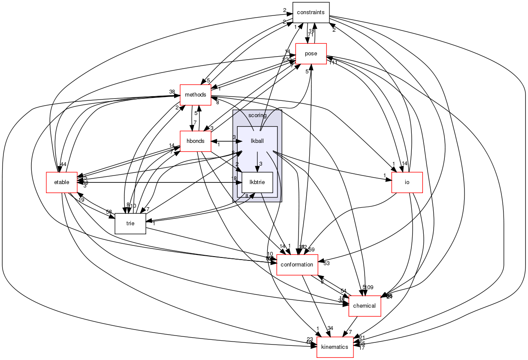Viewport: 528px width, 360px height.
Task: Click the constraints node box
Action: (x=311, y=12)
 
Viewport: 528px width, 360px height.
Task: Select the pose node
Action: (x=311, y=54)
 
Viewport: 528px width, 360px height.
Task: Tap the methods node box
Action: (x=195, y=94)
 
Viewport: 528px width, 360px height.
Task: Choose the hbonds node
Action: (x=195, y=141)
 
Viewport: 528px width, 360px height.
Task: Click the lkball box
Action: (x=257, y=141)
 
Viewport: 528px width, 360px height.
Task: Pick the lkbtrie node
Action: (x=257, y=182)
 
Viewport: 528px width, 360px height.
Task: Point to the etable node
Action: (x=62, y=182)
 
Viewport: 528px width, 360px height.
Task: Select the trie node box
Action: (x=130, y=224)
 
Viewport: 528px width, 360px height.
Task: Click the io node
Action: (x=407, y=182)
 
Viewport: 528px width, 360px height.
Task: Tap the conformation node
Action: (x=297, y=265)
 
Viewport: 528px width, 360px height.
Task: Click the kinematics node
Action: (x=335, y=347)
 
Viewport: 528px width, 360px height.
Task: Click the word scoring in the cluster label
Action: (x=257, y=115)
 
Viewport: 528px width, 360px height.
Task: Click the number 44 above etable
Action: (x=63, y=164)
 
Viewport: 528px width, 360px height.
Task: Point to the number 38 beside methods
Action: (x=172, y=92)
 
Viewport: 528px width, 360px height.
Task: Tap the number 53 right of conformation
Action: (x=326, y=263)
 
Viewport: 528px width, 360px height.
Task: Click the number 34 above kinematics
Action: (x=330, y=329)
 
